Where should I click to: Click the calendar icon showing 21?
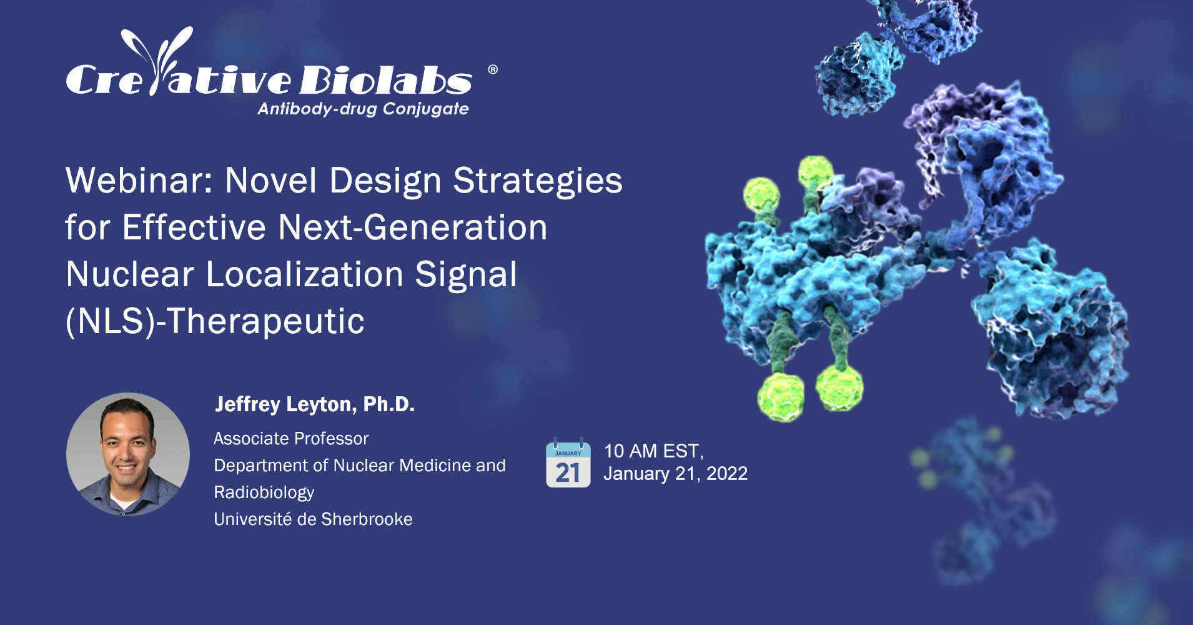pyautogui.click(x=568, y=463)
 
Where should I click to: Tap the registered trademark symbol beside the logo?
pyautogui.click(x=492, y=69)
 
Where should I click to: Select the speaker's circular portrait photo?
pyautogui.click(x=128, y=454)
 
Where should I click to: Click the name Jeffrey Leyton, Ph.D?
pyautogui.click(x=314, y=404)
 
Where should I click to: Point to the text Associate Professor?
pyautogui.click(x=291, y=439)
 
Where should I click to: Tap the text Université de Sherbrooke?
pyautogui.click(x=313, y=519)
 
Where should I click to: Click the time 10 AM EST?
pyautogui.click(x=653, y=451)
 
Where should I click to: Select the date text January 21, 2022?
pyautogui.click(x=675, y=474)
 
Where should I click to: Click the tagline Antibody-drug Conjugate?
pyautogui.click(x=363, y=109)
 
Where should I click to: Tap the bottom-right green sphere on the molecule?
pyautogui.click(x=839, y=387)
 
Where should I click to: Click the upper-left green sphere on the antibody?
pyautogui.click(x=761, y=194)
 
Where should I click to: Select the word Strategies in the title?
pyautogui.click(x=537, y=181)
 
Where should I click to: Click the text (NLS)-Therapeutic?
pyautogui.click(x=215, y=321)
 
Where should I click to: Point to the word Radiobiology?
pyautogui.click(x=264, y=492)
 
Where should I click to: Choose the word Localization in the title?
pyautogui.click(x=304, y=274)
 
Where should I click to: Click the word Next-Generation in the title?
pyautogui.click(x=412, y=227)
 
